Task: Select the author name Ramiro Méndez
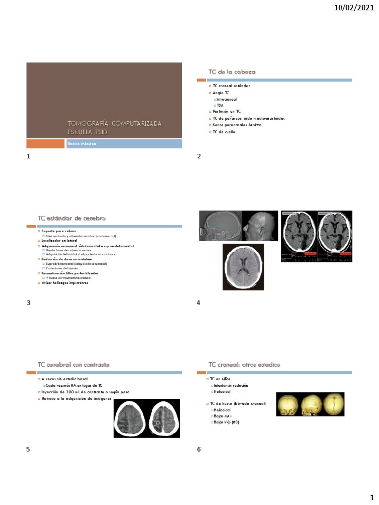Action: click(82, 144)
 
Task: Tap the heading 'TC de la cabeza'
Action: click(232, 72)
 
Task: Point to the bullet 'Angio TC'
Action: click(221, 93)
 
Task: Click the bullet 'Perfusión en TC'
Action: click(227, 112)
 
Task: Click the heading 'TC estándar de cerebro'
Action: click(71, 218)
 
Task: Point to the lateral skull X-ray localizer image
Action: click(221, 226)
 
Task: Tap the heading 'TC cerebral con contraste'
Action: click(74, 365)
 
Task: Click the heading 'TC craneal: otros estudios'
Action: click(244, 365)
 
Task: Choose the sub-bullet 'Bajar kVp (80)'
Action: click(227, 422)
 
